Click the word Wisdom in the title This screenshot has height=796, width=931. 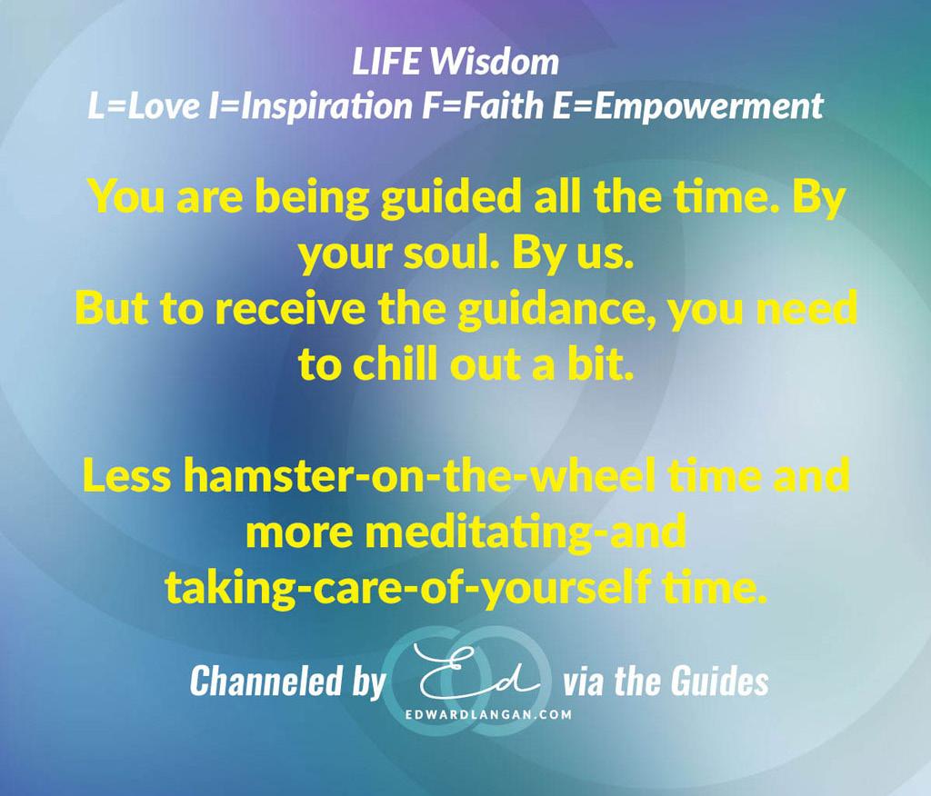pyautogui.click(x=495, y=62)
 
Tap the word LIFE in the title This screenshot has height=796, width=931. pyautogui.click(x=387, y=62)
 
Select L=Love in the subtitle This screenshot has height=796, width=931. pyautogui.click(x=144, y=106)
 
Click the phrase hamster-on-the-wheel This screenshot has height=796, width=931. pyautogui.click(x=420, y=476)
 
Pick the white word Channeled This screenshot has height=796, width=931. pyautogui.click(x=266, y=681)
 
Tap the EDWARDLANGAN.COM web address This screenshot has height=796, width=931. pyautogui.click(x=488, y=715)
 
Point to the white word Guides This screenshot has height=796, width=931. pyautogui.click(x=720, y=681)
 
